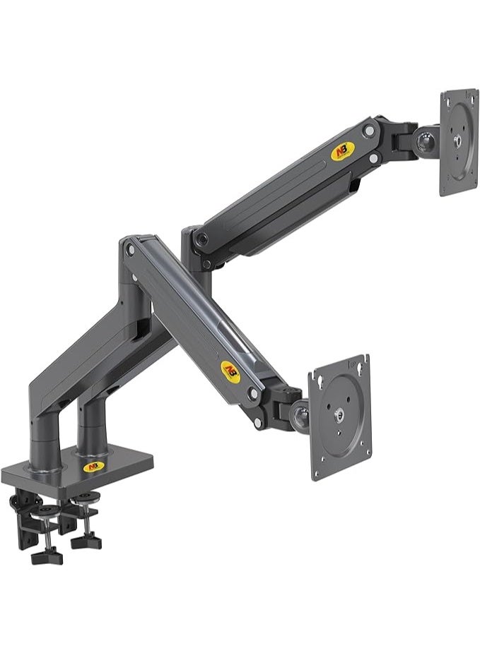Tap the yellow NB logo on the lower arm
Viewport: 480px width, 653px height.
(x=230, y=370)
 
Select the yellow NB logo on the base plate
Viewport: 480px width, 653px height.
(x=92, y=467)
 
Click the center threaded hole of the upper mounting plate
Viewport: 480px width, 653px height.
(x=459, y=140)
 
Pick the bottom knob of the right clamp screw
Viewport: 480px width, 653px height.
(x=86, y=542)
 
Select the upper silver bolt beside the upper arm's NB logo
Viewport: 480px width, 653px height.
(x=368, y=130)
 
